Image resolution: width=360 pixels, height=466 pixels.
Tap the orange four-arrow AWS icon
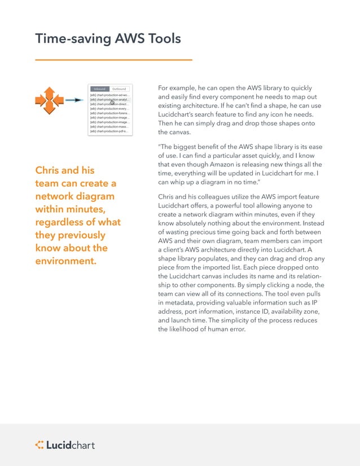click(49, 100)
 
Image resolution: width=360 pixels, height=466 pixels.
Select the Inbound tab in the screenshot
click(99, 89)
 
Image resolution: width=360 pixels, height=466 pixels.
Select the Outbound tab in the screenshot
click(119, 89)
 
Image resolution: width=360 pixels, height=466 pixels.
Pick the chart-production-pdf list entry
click(109, 131)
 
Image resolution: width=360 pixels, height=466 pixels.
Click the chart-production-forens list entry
click(109, 113)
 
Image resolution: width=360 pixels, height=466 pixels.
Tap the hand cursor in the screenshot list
click(112, 102)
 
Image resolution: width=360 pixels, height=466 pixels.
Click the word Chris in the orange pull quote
click(49, 170)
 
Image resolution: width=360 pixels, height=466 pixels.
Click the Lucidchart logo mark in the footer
click(39, 445)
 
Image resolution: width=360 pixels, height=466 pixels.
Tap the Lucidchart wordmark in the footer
click(71, 445)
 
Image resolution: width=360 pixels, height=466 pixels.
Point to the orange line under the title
click(113, 59)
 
